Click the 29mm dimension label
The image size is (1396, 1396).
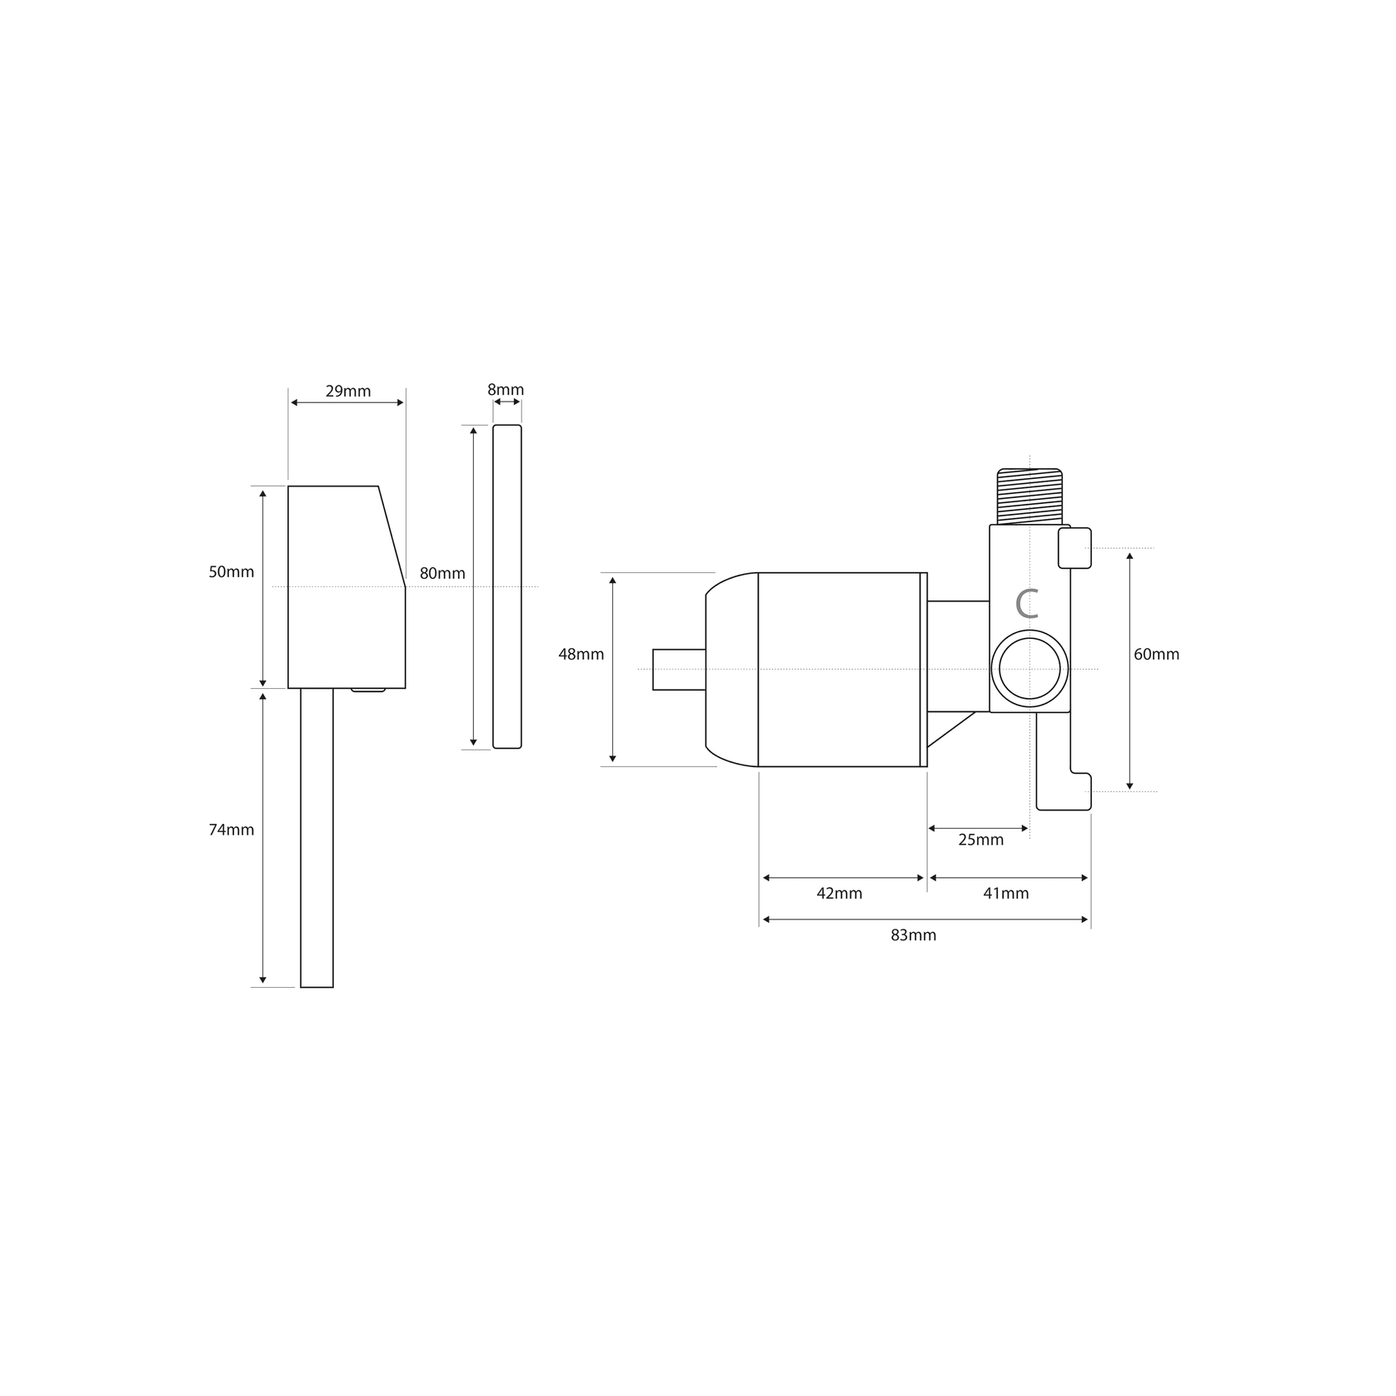(347, 391)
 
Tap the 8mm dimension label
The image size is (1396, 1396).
(506, 389)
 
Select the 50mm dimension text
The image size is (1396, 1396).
(231, 572)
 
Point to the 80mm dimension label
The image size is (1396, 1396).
(442, 573)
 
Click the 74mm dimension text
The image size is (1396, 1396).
(231, 830)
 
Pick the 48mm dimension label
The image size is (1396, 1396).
(581, 654)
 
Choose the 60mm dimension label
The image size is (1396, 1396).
(1156, 654)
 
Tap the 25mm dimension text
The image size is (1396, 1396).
(980, 840)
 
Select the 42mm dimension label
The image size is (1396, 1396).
(839, 893)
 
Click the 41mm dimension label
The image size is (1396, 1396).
(1005, 893)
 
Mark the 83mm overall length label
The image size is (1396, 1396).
(913, 935)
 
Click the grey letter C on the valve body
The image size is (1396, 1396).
(1028, 604)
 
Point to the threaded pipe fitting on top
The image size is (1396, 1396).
(1030, 496)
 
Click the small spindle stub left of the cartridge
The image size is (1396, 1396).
(678, 669)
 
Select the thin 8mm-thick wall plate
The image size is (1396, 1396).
(506, 586)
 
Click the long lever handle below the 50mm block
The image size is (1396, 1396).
(317, 837)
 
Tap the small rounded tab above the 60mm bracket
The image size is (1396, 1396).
(1074, 548)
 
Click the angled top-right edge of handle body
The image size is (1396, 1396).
(391, 536)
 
